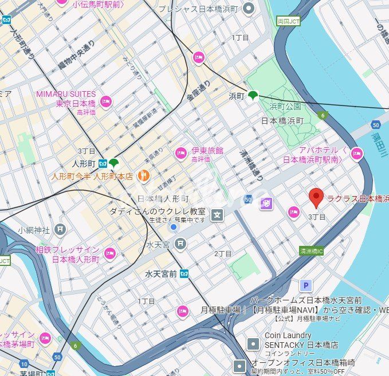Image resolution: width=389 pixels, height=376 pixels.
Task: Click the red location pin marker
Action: (316, 197)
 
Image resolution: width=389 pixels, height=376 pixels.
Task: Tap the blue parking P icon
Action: (307, 285)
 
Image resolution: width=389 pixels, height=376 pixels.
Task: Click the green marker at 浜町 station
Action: (253, 95)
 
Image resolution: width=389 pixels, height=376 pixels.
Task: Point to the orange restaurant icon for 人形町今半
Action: (145, 176)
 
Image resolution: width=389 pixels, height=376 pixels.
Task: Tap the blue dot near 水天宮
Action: (174, 228)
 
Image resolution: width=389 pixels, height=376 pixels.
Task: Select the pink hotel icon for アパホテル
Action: (357, 153)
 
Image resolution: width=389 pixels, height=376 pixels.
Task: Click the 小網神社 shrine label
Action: (34, 230)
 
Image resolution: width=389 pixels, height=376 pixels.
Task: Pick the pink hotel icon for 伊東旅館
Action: (181, 152)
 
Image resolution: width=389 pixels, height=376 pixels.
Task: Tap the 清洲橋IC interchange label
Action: (312, 251)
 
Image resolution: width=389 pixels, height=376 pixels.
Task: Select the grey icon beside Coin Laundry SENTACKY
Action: (253, 344)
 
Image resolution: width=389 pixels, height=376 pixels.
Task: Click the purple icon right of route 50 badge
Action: (266, 203)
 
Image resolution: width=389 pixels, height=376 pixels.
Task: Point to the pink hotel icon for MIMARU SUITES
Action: (105, 102)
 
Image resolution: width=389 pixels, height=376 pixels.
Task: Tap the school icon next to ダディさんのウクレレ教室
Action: (217, 215)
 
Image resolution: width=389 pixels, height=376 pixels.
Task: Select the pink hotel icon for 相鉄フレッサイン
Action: (109, 253)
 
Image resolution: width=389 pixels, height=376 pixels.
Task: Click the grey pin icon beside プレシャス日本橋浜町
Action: (248, 8)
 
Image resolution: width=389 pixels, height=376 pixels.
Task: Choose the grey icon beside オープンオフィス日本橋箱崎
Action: (241, 365)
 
